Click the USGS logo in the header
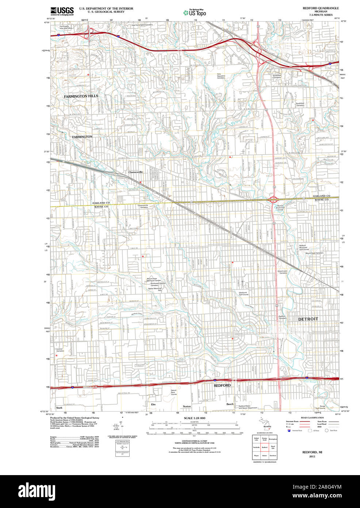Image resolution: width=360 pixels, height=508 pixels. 62,11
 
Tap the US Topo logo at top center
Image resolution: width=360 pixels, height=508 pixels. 195,12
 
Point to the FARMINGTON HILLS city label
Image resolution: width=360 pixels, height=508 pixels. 81,96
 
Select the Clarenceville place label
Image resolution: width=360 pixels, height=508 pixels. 135,172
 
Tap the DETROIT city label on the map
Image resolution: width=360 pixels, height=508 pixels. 308,319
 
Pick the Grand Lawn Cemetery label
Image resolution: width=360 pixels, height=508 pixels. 283,272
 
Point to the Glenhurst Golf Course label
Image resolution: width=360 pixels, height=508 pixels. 244,293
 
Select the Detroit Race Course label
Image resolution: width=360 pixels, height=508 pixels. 174,392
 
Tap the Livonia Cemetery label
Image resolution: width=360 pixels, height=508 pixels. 60,350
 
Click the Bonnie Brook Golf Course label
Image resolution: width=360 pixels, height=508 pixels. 280,208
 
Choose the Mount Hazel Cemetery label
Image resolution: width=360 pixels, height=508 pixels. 314,253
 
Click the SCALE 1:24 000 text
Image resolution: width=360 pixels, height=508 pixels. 195,418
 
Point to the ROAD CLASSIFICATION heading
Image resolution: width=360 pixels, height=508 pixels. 312,418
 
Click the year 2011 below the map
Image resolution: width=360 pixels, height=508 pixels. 312,456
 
